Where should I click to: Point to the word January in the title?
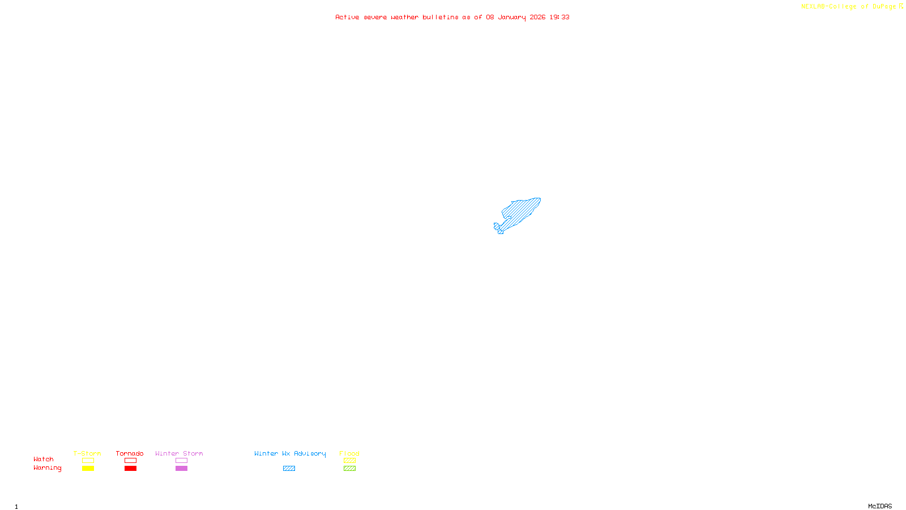(511, 17)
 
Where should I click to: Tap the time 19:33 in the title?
(559, 17)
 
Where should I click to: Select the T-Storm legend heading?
(87, 453)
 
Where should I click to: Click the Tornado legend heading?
(130, 453)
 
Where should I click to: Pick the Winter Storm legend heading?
(179, 453)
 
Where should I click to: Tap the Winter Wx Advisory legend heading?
(290, 453)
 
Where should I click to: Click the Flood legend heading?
(349, 453)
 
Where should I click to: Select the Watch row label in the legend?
(44, 459)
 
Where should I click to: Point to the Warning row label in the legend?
(47, 468)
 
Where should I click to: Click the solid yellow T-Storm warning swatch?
(88, 469)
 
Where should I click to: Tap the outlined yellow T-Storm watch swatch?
(88, 461)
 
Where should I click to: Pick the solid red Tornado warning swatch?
(130, 469)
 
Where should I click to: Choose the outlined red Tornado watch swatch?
(130, 461)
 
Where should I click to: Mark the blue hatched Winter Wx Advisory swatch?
(289, 469)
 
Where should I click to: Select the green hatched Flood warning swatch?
(349, 469)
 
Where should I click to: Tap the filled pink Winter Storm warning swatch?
(181, 469)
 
